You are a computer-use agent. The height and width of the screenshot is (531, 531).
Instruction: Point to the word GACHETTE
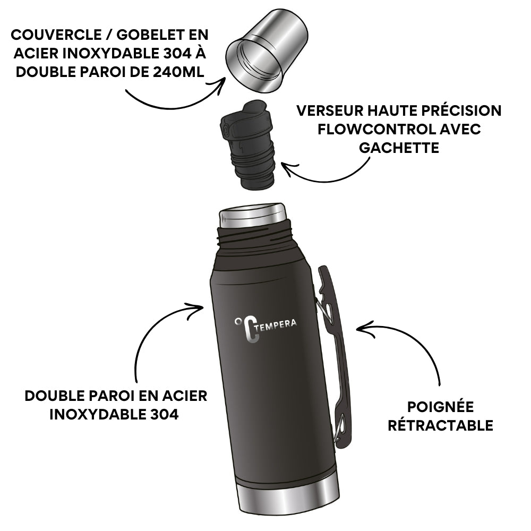(x=399, y=148)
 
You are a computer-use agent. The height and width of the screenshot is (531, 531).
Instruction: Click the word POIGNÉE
(x=440, y=407)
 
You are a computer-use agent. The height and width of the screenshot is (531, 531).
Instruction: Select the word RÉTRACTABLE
(x=440, y=425)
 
